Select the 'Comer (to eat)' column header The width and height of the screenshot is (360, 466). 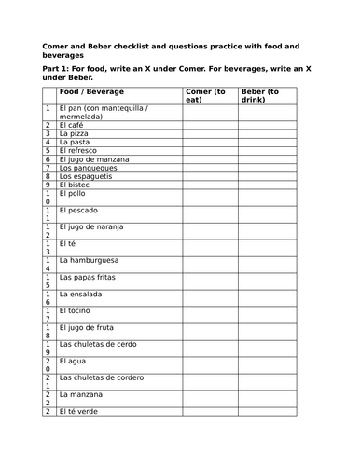point(205,96)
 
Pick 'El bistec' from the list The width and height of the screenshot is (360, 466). point(76,185)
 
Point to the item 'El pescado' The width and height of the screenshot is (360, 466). point(78,210)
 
